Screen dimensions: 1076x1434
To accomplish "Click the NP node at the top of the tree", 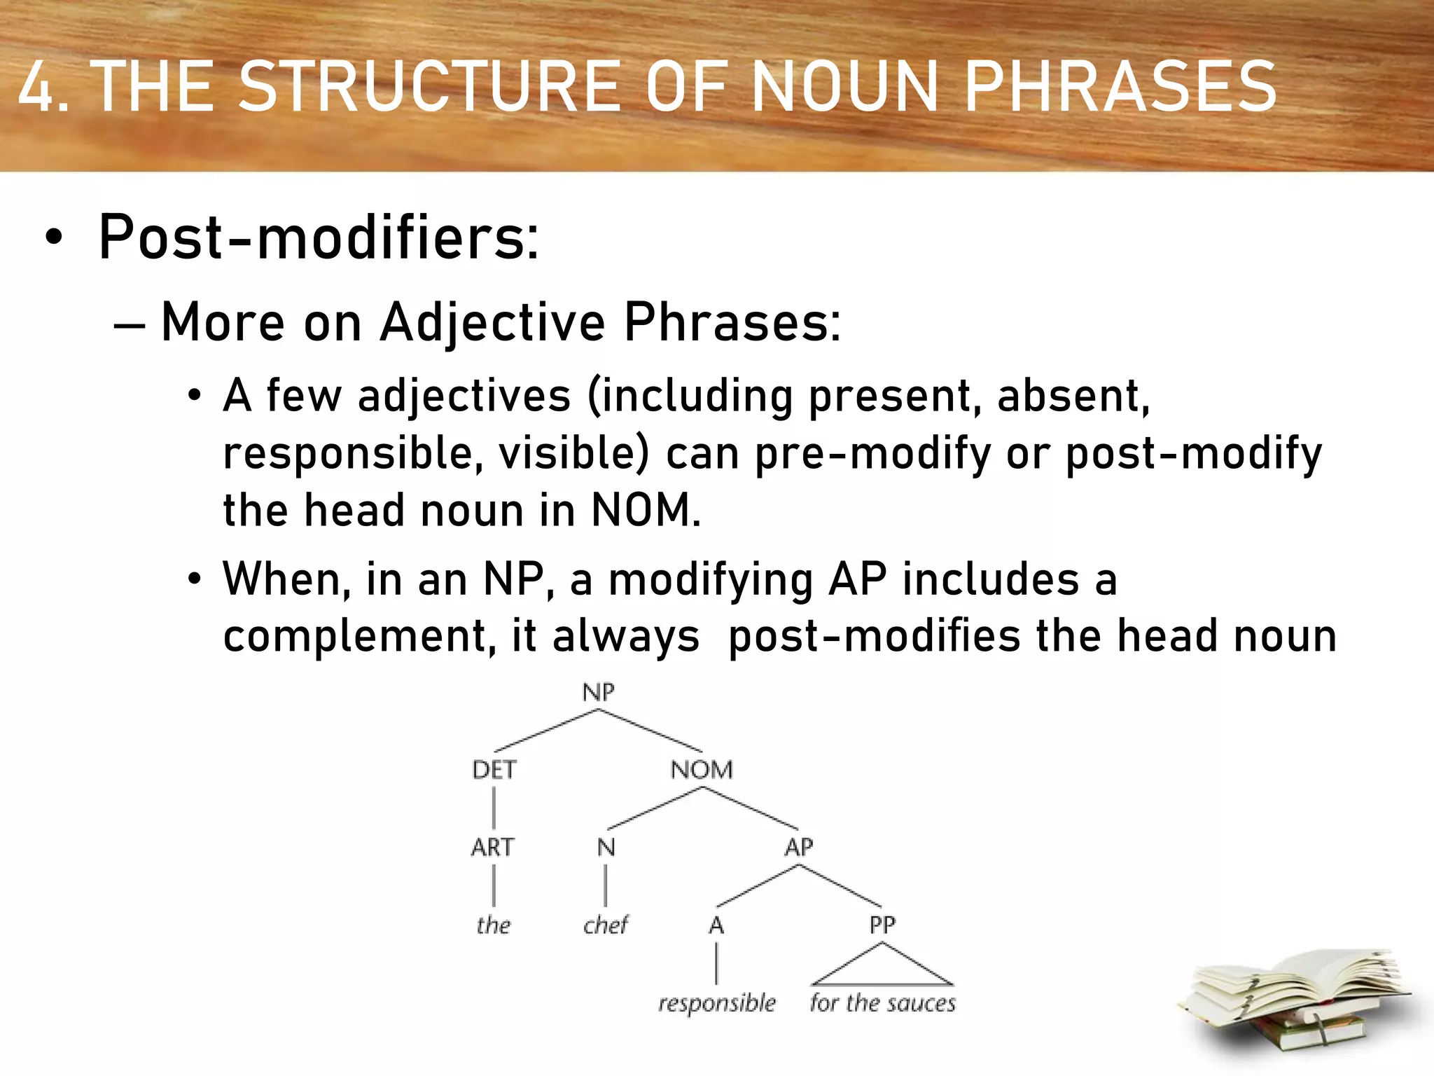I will tap(598, 692).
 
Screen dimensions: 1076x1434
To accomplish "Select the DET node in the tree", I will tap(494, 770).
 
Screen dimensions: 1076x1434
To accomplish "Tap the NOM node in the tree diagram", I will tap(702, 770).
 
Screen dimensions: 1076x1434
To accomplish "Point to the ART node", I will tap(492, 848).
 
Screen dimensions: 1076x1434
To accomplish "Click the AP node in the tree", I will tap(798, 848).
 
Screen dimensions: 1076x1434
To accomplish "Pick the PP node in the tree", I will tap(882, 925).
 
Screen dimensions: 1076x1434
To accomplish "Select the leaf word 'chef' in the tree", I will tap(606, 925).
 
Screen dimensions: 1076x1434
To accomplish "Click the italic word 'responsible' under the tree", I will tap(716, 1004).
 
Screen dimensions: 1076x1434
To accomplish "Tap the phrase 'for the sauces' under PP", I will tap(882, 1003).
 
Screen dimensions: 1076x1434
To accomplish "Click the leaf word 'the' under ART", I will tap(493, 925).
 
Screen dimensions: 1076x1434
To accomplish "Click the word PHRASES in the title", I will tap(1120, 87).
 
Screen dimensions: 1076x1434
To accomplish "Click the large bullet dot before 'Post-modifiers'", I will tap(53, 238).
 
